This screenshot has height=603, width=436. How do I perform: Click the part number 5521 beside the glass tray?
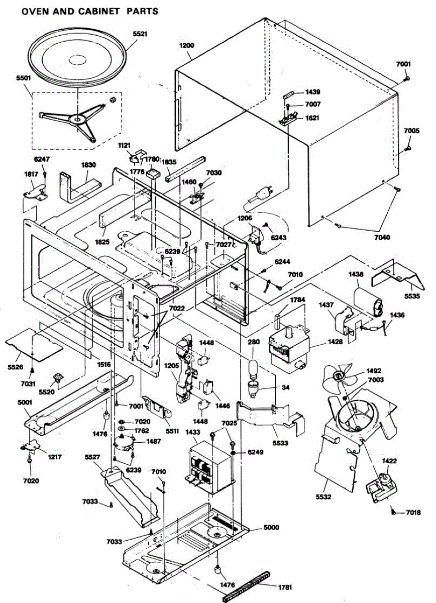(140, 34)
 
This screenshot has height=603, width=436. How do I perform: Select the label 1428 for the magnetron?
(336, 342)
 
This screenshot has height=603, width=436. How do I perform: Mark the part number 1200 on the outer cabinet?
(187, 45)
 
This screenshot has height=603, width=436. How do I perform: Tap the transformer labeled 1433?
(211, 466)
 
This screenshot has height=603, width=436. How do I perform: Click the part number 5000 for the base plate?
(271, 527)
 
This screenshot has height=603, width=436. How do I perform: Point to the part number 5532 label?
(323, 496)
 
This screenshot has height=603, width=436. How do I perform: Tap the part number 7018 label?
(413, 512)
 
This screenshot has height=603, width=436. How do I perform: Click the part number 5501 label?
(24, 78)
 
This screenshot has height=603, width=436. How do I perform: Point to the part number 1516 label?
(104, 364)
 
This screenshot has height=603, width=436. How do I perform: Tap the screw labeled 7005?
(408, 148)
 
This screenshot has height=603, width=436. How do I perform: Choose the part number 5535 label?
(412, 296)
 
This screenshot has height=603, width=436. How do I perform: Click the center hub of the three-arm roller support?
(77, 119)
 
